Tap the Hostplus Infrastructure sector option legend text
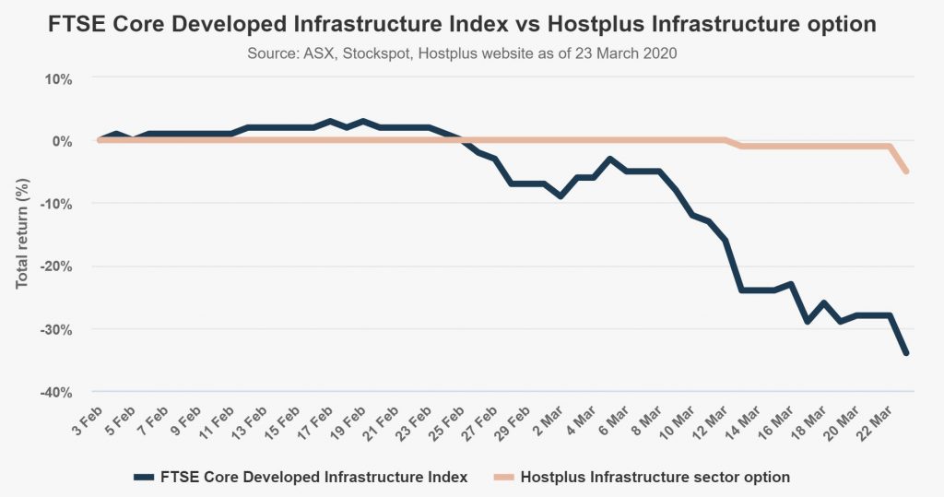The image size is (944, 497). (655, 477)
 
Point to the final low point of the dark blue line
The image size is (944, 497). (907, 353)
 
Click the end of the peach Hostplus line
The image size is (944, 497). (907, 172)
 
